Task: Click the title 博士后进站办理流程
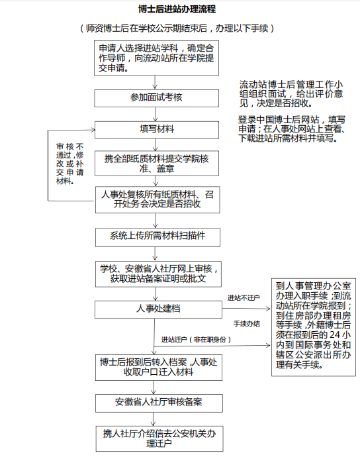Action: (177, 9)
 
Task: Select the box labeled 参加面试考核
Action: (156, 98)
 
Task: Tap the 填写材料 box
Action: (157, 130)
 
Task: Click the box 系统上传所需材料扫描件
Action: (157, 237)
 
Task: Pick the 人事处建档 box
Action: (159, 309)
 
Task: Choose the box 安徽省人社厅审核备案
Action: (159, 403)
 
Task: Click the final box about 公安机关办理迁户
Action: (159, 438)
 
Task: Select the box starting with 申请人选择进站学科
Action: (156, 58)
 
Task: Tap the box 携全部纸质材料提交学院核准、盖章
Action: (157, 164)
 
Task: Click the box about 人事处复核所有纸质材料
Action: (157, 199)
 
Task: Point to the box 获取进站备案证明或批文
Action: (158, 274)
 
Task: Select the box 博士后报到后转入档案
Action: (159, 368)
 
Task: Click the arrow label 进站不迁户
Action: (244, 298)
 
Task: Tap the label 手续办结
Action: (247, 324)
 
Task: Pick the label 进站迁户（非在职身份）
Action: (196, 340)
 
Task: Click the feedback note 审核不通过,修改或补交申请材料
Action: (70, 164)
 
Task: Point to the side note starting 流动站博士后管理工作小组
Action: (291, 94)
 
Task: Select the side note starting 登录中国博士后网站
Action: (292, 128)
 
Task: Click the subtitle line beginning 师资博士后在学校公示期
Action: (177, 28)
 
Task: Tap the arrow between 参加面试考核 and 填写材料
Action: (156, 114)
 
